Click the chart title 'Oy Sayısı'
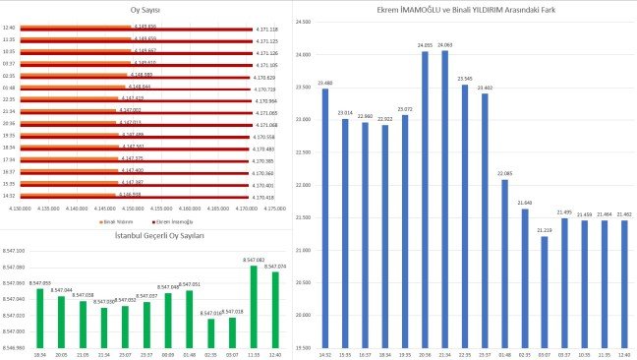point(145,10)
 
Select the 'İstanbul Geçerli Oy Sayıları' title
point(145,238)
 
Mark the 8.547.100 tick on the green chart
point(15,252)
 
